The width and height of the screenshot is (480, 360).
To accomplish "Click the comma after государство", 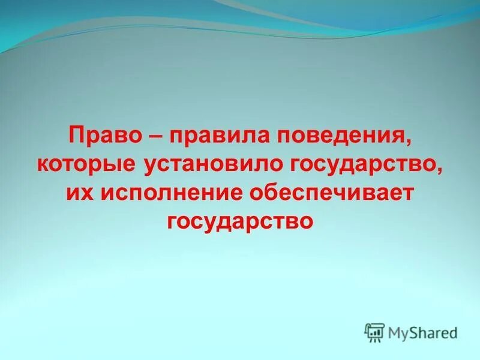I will pos(440,170).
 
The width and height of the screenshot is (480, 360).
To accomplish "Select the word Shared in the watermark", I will pos(433,332).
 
